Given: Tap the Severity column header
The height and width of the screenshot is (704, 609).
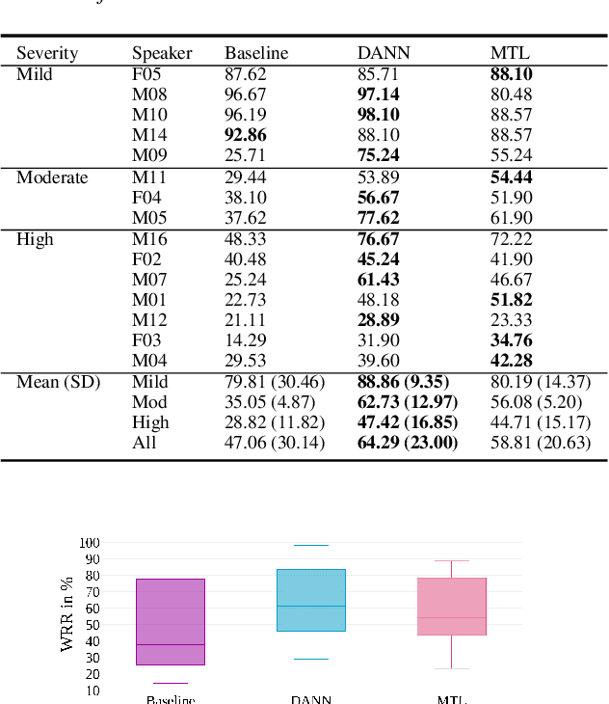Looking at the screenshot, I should [x=47, y=53].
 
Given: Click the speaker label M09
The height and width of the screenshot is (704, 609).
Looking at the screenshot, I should [x=149, y=155].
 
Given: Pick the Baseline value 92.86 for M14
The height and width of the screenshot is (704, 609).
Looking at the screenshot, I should [x=245, y=135].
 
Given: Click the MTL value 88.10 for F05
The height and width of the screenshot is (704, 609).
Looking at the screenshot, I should [x=511, y=73].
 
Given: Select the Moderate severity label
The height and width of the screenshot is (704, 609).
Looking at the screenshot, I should [x=52, y=177].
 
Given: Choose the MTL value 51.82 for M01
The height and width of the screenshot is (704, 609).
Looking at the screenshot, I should [x=511, y=300].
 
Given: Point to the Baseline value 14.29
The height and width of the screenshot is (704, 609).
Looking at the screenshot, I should [x=245, y=340].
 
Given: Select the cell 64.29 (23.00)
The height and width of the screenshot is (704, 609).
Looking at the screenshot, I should [x=407, y=443].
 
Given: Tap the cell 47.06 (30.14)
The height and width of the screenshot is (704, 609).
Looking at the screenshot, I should [x=275, y=443].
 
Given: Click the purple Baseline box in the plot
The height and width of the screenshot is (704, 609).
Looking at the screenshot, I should [x=170, y=621].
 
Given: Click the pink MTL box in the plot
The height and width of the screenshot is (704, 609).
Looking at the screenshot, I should [x=452, y=606].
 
